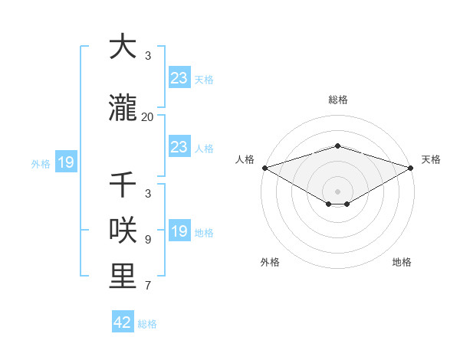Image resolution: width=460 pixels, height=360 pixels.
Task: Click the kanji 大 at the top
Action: coord(123,47)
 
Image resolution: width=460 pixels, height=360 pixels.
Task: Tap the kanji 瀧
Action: coord(123,109)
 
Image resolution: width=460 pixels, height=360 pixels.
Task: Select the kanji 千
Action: coord(123,186)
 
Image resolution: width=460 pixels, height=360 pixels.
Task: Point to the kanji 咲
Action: coord(123,231)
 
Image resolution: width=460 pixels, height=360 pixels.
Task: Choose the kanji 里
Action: coord(123,277)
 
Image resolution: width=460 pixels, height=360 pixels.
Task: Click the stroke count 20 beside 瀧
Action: coord(147,117)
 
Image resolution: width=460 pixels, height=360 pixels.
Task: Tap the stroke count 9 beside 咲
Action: coord(148,240)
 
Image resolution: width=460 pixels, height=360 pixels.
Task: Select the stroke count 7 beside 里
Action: coord(148,286)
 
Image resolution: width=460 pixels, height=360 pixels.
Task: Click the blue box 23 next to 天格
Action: coord(179,78)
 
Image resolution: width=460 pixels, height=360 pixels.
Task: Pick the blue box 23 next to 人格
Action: coord(179,147)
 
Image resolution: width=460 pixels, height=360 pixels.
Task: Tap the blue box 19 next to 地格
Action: coord(179,231)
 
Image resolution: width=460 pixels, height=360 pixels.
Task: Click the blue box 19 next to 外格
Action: coord(65,162)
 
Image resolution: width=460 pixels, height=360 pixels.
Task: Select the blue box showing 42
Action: coord(123,322)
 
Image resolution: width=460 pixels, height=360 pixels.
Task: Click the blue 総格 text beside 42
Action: coord(147,324)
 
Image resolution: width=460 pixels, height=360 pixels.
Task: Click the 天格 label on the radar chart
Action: coord(431,159)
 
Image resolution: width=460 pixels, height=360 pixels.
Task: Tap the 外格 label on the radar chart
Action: coord(270,262)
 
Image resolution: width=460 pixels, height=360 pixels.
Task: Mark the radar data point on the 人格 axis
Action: coord(264,168)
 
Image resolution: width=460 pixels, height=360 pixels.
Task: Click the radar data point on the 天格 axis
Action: coord(411,168)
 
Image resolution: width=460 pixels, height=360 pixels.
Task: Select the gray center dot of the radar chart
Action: coord(337,191)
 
